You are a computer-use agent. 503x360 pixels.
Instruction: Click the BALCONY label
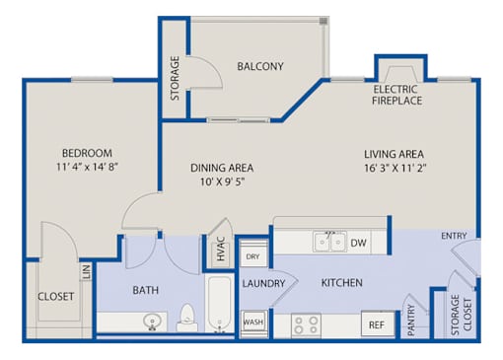pyautogui.click(x=260, y=66)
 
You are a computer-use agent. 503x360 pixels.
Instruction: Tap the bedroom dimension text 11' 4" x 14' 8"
pyautogui.click(x=87, y=167)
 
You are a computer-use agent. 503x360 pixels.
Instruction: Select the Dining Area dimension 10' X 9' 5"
pyautogui.click(x=222, y=181)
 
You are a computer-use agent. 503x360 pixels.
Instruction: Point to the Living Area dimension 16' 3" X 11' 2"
pyautogui.click(x=395, y=168)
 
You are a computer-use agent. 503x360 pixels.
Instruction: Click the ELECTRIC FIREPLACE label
pyautogui.click(x=396, y=95)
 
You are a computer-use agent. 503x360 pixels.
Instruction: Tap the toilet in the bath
pyautogui.click(x=187, y=318)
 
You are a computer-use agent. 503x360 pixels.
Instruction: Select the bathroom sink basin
pyautogui.click(x=152, y=321)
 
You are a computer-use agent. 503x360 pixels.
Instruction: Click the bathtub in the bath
pyautogui.click(x=220, y=304)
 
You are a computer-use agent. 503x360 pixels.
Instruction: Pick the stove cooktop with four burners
pyautogui.click(x=306, y=325)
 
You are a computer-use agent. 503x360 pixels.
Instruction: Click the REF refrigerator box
pyautogui.click(x=377, y=324)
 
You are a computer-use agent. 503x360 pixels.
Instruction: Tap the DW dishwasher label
pyautogui.click(x=358, y=243)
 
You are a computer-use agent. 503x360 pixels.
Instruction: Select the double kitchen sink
pyautogui.click(x=329, y=242)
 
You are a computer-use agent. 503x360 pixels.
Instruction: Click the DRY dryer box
pyautogui.click(x=253, y=256)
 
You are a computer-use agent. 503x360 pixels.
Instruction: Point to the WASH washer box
pyautogui.click(x=253, y=322)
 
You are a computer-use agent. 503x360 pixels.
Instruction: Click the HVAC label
pyautogui.click(x=221, y=249)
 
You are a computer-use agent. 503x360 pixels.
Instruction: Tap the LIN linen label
pyautogui.click(x=86, y=272)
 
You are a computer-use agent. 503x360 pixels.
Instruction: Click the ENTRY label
pyautogui.click(x=454, y=236)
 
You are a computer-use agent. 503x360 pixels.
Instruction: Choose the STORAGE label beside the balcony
pyautogui.click(x=175, y=78)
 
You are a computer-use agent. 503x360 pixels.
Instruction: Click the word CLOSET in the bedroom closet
pyautogui.click(x=56, y=297)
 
